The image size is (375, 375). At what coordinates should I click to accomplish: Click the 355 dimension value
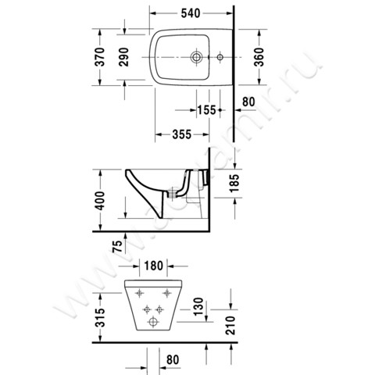click(x=181, y=134)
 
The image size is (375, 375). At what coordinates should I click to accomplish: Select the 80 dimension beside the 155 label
click(x=250, y=101)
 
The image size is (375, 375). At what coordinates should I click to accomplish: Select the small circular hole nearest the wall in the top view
click(x=220, y=57)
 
